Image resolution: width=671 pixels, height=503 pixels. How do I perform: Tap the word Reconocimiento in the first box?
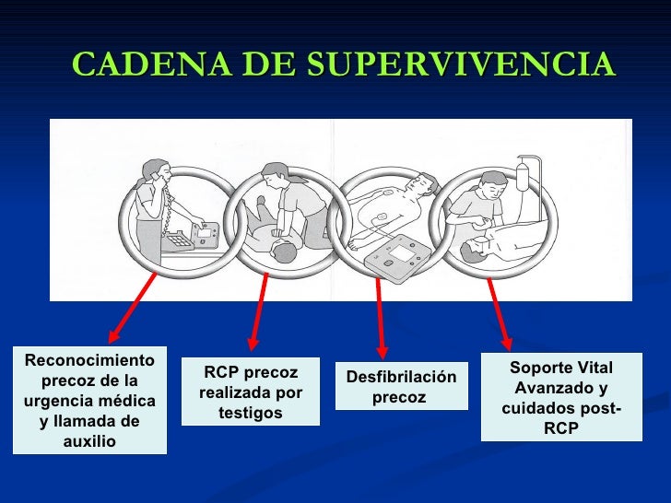tap(89, 361)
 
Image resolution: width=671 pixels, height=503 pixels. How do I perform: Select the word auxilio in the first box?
tap(89, 441)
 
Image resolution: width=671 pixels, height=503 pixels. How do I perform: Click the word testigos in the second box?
tap(250, 413)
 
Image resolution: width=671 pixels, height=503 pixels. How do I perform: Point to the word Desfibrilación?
tap(401, 377)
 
